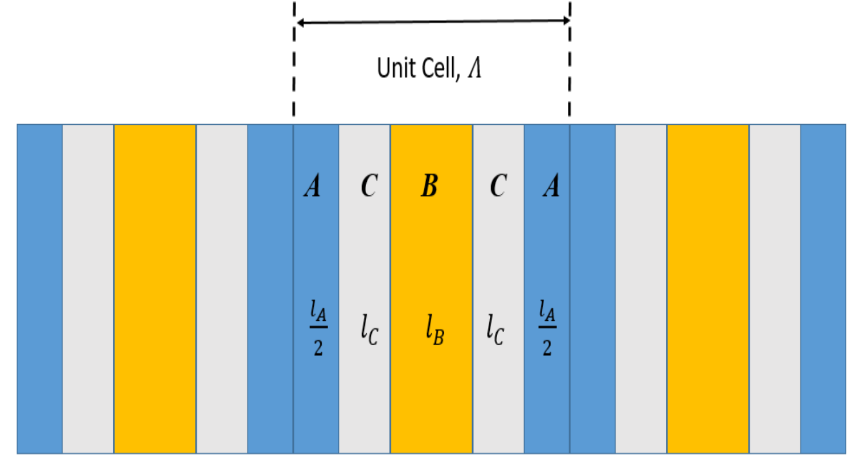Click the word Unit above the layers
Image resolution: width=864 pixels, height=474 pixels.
[395, 68]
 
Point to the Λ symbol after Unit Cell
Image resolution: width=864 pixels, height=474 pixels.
[475, 68]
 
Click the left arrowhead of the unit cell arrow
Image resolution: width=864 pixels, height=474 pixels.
[301, 23]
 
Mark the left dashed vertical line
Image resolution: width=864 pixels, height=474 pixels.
[294, 63]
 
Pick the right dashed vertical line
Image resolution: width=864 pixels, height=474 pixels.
[570, 63]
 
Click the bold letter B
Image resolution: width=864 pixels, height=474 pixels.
[429, 186]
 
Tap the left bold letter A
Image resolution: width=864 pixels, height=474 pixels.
[312, 186]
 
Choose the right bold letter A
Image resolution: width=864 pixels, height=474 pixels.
[551, 186]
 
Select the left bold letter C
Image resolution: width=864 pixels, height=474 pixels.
[369, 186]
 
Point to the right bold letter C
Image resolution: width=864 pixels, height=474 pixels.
[498, 186]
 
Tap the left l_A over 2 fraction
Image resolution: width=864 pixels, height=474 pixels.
[318, 328]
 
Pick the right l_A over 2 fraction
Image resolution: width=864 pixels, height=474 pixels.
[547, 328]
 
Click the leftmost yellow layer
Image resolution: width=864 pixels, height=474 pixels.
[155, 288]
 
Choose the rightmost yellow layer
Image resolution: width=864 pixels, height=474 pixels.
[708, 288]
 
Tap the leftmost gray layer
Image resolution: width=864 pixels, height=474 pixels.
[88, 288]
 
